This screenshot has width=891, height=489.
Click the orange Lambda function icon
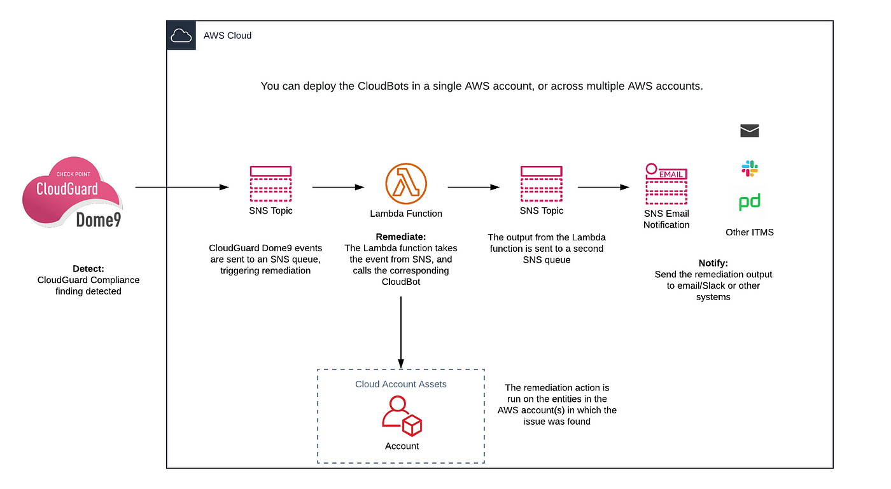(x=406, y=184)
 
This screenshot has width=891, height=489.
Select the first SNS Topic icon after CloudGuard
(x=270, y=184)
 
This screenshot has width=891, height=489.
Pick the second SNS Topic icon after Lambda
(x=542, y=184)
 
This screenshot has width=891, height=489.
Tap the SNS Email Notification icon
(x=666, y=184)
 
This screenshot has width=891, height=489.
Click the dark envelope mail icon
(x=750, y=130)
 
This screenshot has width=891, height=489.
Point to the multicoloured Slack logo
(x=750, y=169)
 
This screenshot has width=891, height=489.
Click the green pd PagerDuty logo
(x=750, y=202)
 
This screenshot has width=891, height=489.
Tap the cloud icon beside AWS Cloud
(x=181, y=36)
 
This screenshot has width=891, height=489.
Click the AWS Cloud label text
(x=228, y=36)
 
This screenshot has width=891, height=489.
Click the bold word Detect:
(x=88, y=269)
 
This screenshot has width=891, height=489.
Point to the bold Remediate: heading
(x=400, y=237)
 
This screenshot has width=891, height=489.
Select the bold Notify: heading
(x=713, y=263)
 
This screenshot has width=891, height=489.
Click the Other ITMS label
(x=750, y=232)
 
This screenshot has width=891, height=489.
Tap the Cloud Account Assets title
(x=400, y=384)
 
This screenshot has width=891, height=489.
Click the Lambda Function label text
(x=406, y=214)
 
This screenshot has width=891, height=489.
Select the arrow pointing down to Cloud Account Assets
(x=401, y=333)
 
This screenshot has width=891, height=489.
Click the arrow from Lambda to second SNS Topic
(x=474, y=187)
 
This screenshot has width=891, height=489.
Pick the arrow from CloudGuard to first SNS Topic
(x=182, y=187)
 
